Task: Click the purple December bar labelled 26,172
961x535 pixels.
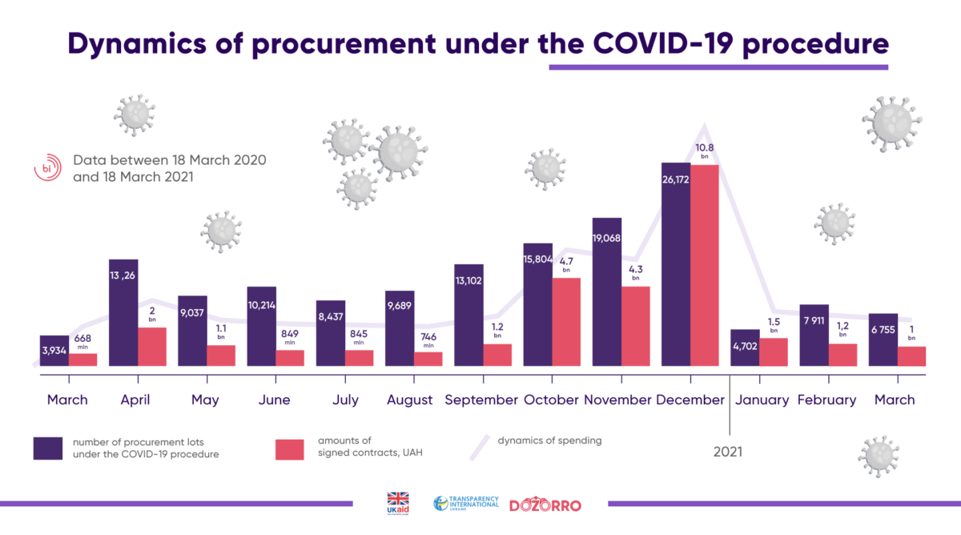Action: point(675,264)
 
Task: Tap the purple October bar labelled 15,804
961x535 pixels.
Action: point(537,304)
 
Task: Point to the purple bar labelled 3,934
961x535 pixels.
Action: point(54,351)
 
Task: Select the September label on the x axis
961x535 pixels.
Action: point(481,400)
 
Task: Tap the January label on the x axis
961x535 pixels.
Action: point(762,400)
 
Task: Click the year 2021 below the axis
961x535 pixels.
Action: point(727,452)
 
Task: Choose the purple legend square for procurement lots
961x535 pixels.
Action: point(48,449)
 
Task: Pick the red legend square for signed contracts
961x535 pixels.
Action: point(290,449)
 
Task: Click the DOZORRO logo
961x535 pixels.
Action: point(545,505)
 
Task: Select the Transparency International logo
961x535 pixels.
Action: point(466,504)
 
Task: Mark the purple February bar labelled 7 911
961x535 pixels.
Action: point(814,335)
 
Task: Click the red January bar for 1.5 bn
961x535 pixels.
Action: point(774,352)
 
